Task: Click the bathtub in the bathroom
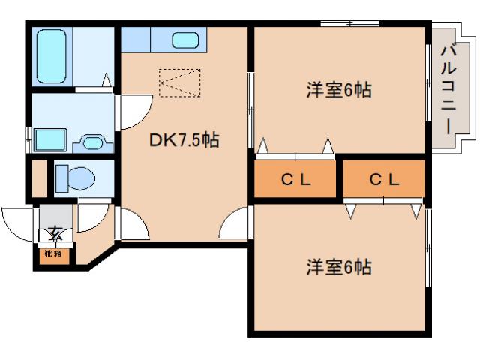pyautogui.click(x=51, y=55)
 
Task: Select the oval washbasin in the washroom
pyautogui.click(x=93, y=142)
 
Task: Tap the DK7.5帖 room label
pyautogui.click(x=184, y=139)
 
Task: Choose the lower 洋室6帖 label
pyautogui.click(x=339, y=266)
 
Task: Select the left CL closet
pyautogui.click(x=295, y=180)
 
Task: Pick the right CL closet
pyautogui.click(x=384, y=180)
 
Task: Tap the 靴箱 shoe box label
pyautogui.click(x=52, y=253)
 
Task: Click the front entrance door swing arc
pyautogui.click(x=18, y=220)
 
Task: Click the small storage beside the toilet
pyautogui.click(x=39, y=178)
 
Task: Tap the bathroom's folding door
pyautogui.click(x=105, y=81)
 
